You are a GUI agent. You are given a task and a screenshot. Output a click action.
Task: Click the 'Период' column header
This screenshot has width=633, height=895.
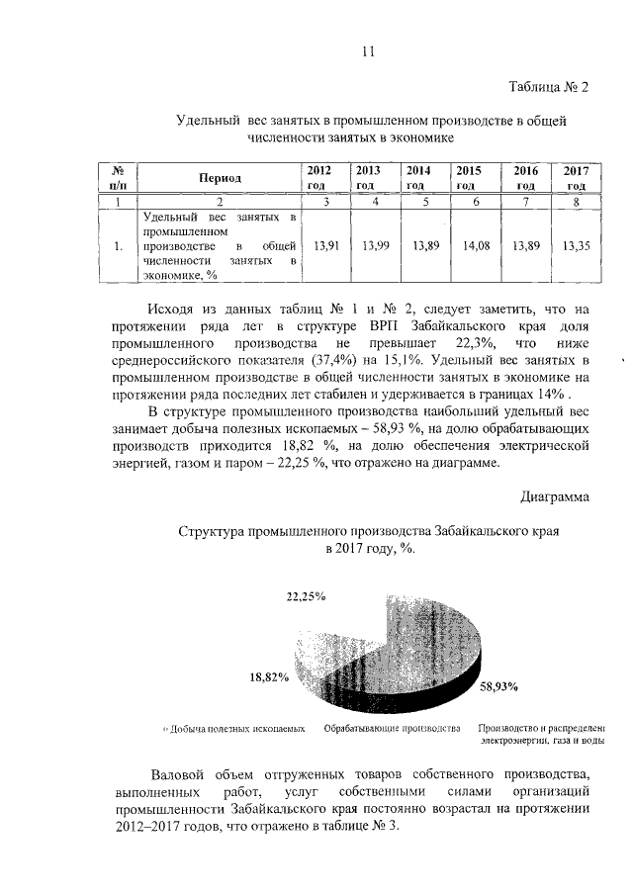pyautogui.click(x=220, y=178)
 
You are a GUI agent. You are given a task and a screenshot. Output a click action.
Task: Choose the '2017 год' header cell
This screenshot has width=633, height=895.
pyautogui.click(x=576, y=178)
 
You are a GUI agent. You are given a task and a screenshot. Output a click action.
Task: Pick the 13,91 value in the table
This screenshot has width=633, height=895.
pyautogui.click(x=324, y=245)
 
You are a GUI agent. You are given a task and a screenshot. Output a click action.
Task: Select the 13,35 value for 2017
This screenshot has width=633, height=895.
pyautogui.click(x=576, y=245)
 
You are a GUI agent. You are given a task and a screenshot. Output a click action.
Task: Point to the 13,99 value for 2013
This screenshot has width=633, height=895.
pyautogui.click(x=376, y=245)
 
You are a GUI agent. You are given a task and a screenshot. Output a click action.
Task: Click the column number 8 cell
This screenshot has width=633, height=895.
pyautogui.click(x=576, y=202)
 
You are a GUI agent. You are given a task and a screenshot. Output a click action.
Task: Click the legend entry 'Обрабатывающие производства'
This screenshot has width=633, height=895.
pyautogui.click(x=393, y=729)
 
